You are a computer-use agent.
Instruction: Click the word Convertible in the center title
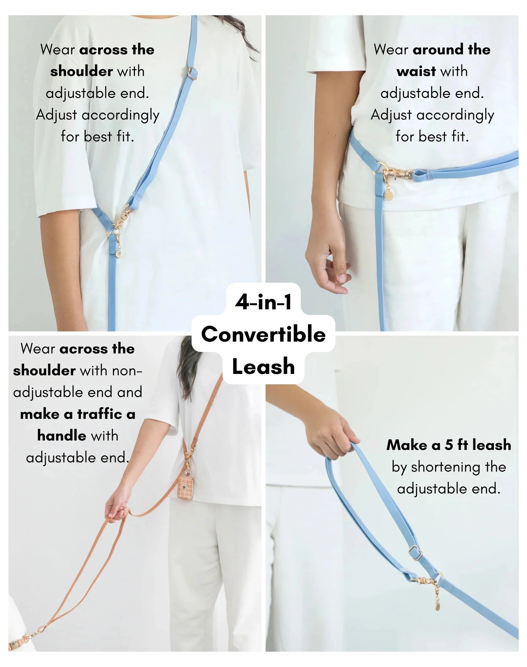(263, 334)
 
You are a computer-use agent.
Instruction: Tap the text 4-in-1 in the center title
(263, 303)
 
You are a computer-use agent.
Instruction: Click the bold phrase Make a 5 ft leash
(449, 445)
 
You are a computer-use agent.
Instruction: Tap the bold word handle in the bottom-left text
(61, 436)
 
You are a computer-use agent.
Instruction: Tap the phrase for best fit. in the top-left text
(97, 137)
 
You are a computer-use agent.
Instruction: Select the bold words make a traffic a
(77, 414)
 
